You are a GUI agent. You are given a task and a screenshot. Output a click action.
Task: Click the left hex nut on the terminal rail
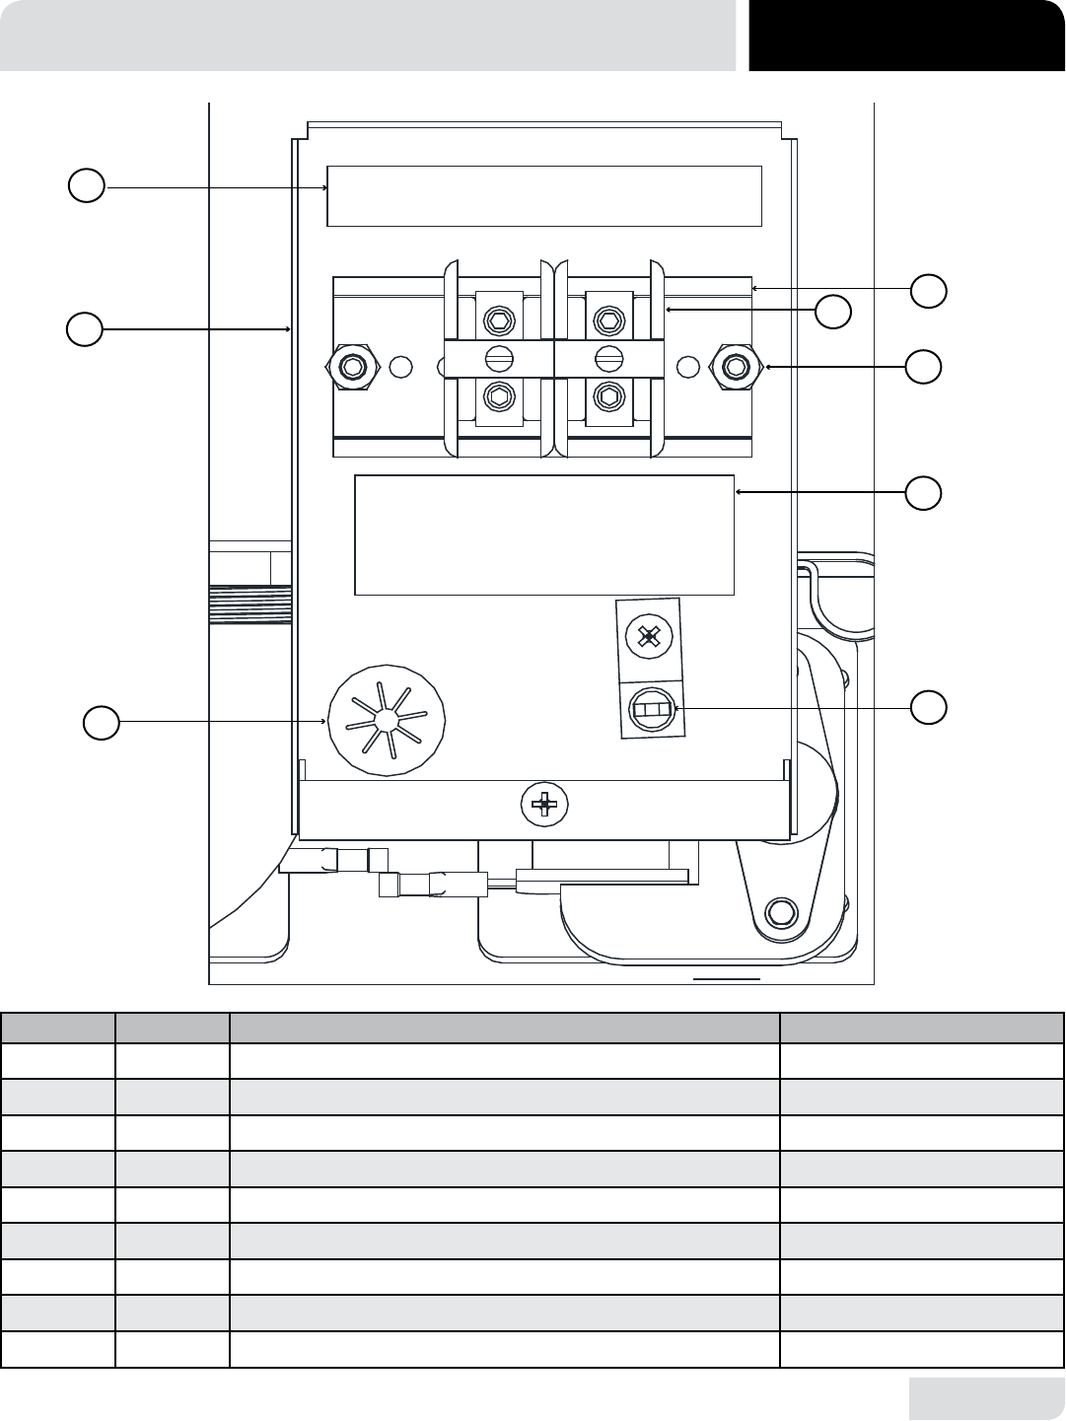coord(351,367)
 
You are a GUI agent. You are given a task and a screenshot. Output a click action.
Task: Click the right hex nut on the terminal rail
coord(733,367)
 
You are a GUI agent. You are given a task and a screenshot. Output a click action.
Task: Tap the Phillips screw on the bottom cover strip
coord(543,805)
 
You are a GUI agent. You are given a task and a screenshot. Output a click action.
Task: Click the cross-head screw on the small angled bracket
coord(648,636)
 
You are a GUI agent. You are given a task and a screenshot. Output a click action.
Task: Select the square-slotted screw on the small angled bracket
coord(652,709)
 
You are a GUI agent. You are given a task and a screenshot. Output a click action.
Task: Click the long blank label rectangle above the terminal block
coord(543,196)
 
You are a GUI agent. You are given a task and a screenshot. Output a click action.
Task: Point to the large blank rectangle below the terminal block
coord(543,535)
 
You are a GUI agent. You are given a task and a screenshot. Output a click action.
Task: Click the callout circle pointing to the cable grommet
coord(100,723)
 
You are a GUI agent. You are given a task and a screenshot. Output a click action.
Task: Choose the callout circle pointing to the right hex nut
coord(924,366)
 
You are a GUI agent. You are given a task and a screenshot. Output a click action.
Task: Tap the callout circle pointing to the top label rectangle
coord(87,185)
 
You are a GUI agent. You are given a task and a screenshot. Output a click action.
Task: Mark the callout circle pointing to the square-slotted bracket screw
coord(928,707)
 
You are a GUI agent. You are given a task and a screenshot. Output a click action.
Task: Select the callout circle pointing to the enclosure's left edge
coord(85,329)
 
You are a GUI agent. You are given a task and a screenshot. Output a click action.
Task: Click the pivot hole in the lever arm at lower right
coord(780,910)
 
